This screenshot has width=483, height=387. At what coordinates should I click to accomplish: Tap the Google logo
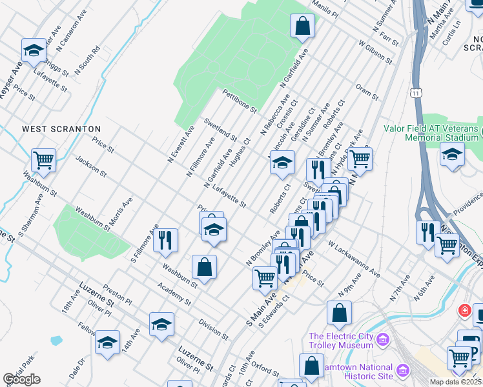click(21, 379)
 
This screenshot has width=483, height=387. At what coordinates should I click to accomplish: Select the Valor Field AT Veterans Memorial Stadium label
click(433, 132)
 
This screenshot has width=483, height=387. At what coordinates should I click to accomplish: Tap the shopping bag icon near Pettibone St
click(302, 27)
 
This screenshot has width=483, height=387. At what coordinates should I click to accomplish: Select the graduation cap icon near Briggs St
click(34, 50)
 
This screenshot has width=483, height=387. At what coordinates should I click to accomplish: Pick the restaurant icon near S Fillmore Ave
click(165, 240)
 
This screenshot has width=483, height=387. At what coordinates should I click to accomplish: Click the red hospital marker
click(464, 311)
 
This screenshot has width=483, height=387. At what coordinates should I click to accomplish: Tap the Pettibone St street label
click(240, 99)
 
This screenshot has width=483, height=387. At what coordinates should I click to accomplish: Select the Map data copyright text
click(456, 382)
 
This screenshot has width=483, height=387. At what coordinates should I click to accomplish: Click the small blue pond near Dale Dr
click(56, 339)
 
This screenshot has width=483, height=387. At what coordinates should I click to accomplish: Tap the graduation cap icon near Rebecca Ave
click(282, 164)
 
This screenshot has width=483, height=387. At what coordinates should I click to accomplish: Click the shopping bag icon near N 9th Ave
click(339, 313)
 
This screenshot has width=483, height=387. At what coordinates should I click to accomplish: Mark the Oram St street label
click(367, 92)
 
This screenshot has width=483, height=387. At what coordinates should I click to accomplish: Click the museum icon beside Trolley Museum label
click(383, 339)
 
